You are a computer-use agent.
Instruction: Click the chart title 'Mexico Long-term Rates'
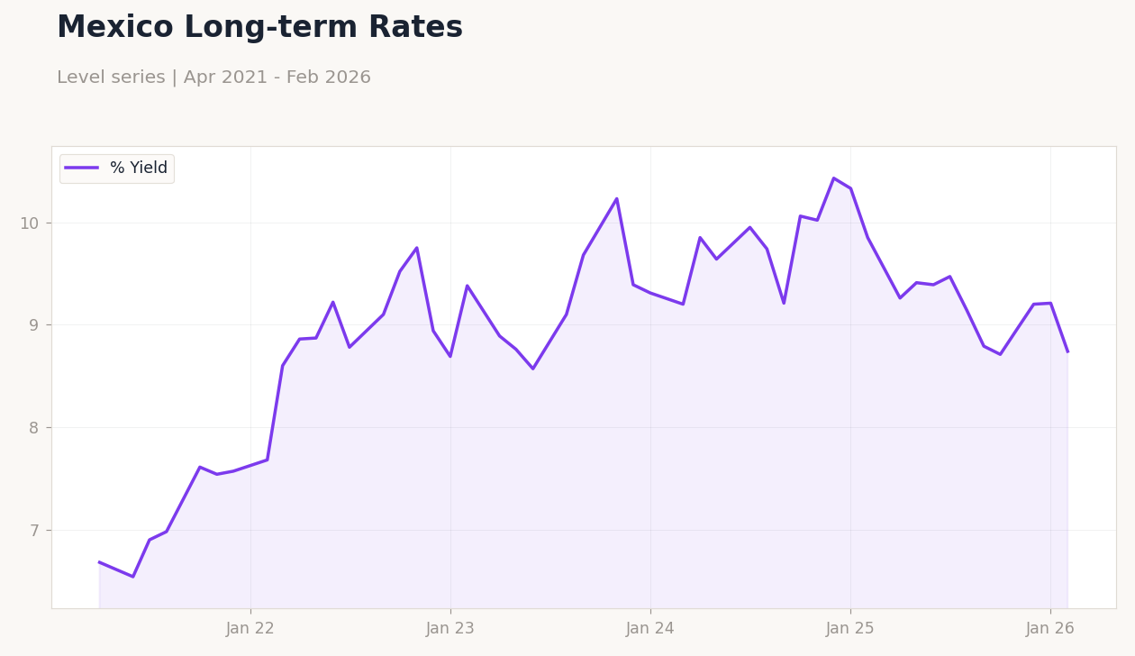[259, 28]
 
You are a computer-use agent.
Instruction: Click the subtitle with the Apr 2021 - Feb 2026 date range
[213, 77]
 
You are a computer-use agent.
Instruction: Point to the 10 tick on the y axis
[30, 223]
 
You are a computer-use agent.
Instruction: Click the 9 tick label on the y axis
[34, 325]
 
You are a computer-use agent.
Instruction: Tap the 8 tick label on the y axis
[34, 428]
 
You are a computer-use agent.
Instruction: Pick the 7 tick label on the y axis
[34, 531]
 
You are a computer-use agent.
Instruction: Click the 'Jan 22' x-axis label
[250, 629]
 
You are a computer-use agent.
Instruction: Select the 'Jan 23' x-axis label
[450, 629]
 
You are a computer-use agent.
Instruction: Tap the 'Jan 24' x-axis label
[650, 629]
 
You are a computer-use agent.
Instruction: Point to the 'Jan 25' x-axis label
[850, 629]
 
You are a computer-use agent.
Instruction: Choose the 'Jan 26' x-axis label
[1050, 629]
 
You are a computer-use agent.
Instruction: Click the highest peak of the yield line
[834, 178]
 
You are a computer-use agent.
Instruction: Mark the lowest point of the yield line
[132, 577]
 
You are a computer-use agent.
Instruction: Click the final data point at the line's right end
[1067, 351]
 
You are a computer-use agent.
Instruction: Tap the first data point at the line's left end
[99, 562]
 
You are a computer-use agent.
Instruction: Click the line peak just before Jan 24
[617, 198]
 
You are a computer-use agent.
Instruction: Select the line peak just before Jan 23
[417, 248]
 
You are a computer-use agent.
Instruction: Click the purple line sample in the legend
[82, 169]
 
